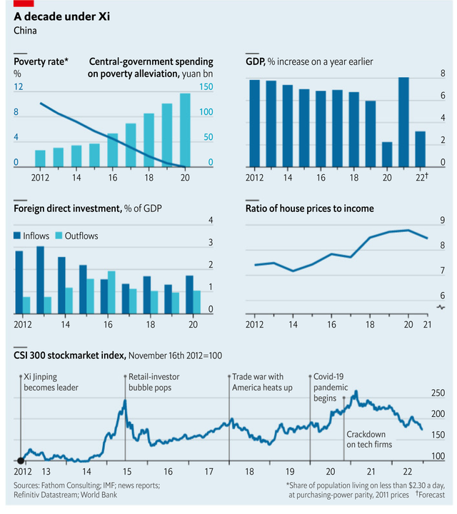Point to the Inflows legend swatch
(17, 235)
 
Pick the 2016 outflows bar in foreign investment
(111, 292)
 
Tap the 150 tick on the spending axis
(206, 87)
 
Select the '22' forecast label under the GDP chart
(421, 178)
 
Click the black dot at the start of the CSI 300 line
(20, 460)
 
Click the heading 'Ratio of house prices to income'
(309, 208)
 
